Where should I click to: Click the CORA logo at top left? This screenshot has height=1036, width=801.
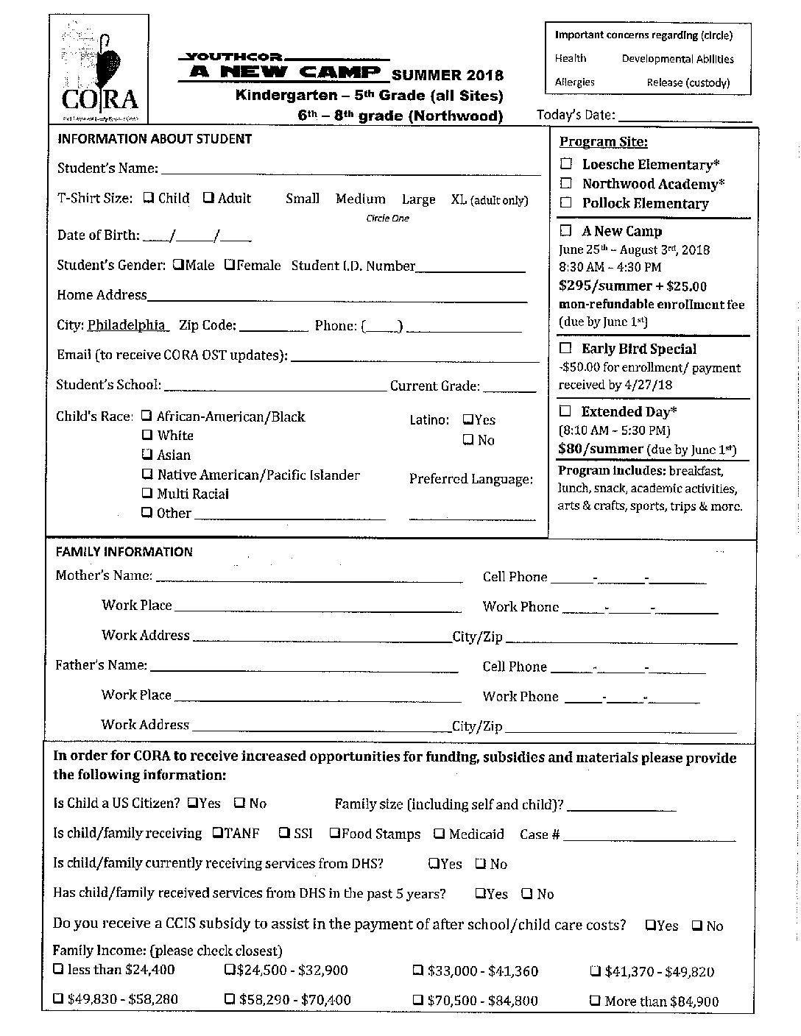(x=99, y=69)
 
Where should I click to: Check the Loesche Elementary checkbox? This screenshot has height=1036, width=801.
(x=566, y=164)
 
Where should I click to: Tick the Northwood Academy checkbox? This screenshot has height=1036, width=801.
(x=566, y=183)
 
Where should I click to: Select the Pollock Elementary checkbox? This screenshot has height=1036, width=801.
(x=566, y=202)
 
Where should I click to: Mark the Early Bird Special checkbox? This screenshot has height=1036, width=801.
(x=565, y=348)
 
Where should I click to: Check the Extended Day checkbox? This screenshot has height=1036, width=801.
(x=565, y=411)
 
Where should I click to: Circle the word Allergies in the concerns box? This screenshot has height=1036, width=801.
(x=574, y=82)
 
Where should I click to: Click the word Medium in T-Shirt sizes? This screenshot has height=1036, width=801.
(x=360, y=199)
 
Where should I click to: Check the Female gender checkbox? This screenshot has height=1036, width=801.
(x=230, y=264)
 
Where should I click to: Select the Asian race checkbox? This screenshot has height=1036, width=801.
(x=147, y=455)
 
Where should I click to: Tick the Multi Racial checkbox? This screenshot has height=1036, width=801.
(x=147, y=494)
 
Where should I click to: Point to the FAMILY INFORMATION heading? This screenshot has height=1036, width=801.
(x=124, y=552)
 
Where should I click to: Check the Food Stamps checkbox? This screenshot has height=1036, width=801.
(x=334, y=833)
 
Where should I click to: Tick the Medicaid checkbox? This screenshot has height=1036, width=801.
(x=440, y=834)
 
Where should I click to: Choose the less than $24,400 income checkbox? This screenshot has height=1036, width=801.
(x=58, y=970)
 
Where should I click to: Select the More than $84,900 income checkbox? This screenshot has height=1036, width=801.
(x=595, y=1001)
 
